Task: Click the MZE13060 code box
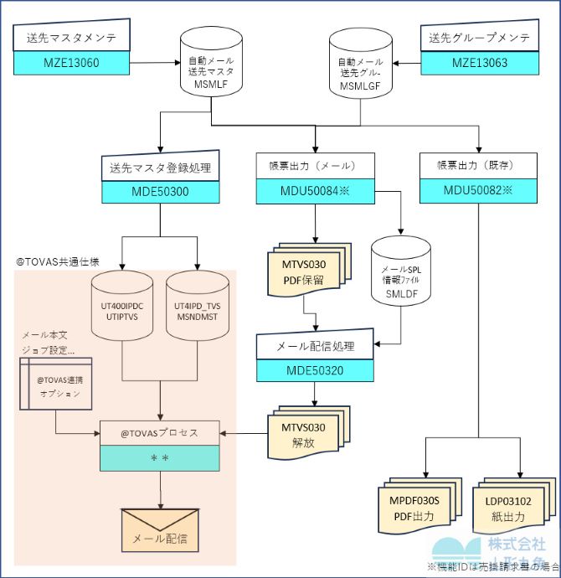pyautogui.click(x=71, y=62)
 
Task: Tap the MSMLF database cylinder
pyautogui.click(x=211, y=70)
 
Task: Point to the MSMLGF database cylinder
pyautogui.click(x=363, y=70)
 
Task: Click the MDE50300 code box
pyautogui.click(x=160, y=190)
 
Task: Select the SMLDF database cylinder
pyautogui.click(x=400, y=278)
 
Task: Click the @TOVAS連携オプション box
pyautogui.click(x=55, y=386)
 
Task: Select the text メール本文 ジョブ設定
pyautogui.click(x=50, y=342)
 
